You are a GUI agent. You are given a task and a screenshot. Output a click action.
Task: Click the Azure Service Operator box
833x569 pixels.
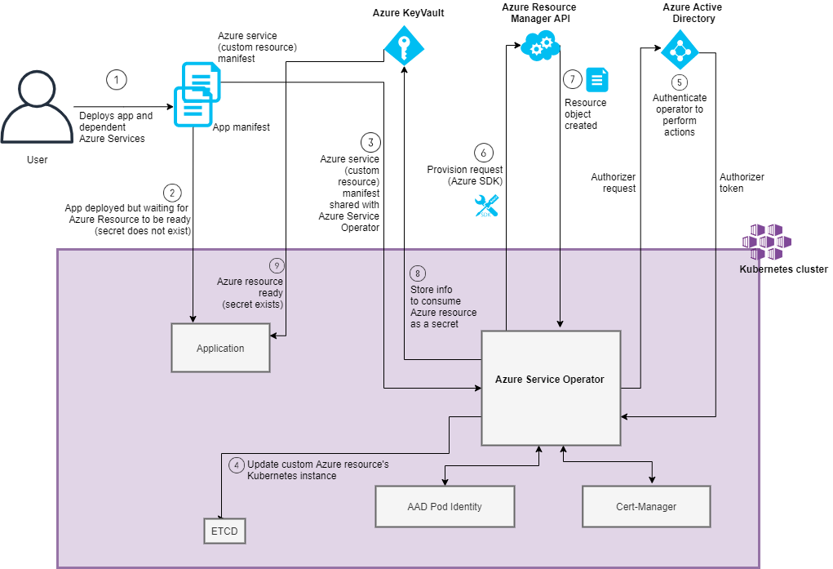551,388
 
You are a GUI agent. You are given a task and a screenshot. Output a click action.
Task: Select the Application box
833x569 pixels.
220,348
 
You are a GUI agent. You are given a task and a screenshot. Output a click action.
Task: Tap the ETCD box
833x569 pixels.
224,531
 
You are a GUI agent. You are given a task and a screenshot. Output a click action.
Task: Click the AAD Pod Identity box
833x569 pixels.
445,507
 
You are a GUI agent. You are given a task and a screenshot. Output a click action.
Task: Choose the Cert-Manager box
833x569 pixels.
646,507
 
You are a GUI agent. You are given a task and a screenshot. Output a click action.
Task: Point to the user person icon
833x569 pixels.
37,107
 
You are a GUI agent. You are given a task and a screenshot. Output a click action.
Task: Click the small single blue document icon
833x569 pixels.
597,79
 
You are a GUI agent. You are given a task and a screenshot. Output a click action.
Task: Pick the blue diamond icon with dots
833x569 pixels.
680,49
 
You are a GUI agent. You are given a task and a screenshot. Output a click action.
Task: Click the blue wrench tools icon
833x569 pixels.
486,206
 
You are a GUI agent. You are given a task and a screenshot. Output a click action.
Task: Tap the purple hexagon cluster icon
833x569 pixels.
766,242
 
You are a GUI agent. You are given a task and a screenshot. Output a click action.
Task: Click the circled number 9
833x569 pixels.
277,266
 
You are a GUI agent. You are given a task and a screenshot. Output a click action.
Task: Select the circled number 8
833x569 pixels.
418,273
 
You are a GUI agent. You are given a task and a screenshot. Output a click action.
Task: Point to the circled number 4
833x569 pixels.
237,465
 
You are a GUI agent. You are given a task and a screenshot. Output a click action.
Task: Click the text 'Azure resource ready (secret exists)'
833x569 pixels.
250,293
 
